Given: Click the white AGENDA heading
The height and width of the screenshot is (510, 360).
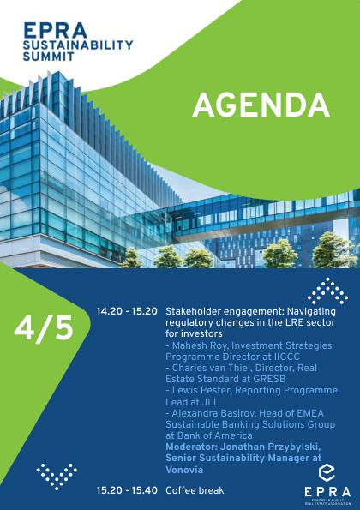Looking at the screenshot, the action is pos(261,105).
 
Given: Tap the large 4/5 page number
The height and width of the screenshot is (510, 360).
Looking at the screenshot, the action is pos(44,328).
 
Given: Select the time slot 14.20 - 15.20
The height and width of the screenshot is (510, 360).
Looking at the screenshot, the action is pos(127,311).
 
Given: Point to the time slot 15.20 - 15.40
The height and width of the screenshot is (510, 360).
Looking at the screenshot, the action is pos(127,490).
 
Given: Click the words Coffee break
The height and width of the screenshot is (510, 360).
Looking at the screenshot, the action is pos(195,490).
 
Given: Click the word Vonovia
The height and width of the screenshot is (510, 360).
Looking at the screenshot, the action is pos(184,470).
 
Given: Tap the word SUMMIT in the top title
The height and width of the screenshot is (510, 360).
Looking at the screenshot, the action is pos(49,57).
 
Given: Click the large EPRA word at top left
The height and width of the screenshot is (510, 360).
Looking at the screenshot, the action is pos(55,30).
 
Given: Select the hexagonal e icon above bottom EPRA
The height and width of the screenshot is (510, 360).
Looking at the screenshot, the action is pos(327,473).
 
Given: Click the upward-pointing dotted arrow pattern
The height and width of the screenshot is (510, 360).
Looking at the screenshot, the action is pos(327,291).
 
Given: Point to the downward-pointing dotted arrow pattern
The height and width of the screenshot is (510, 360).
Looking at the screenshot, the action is pos(57,477).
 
